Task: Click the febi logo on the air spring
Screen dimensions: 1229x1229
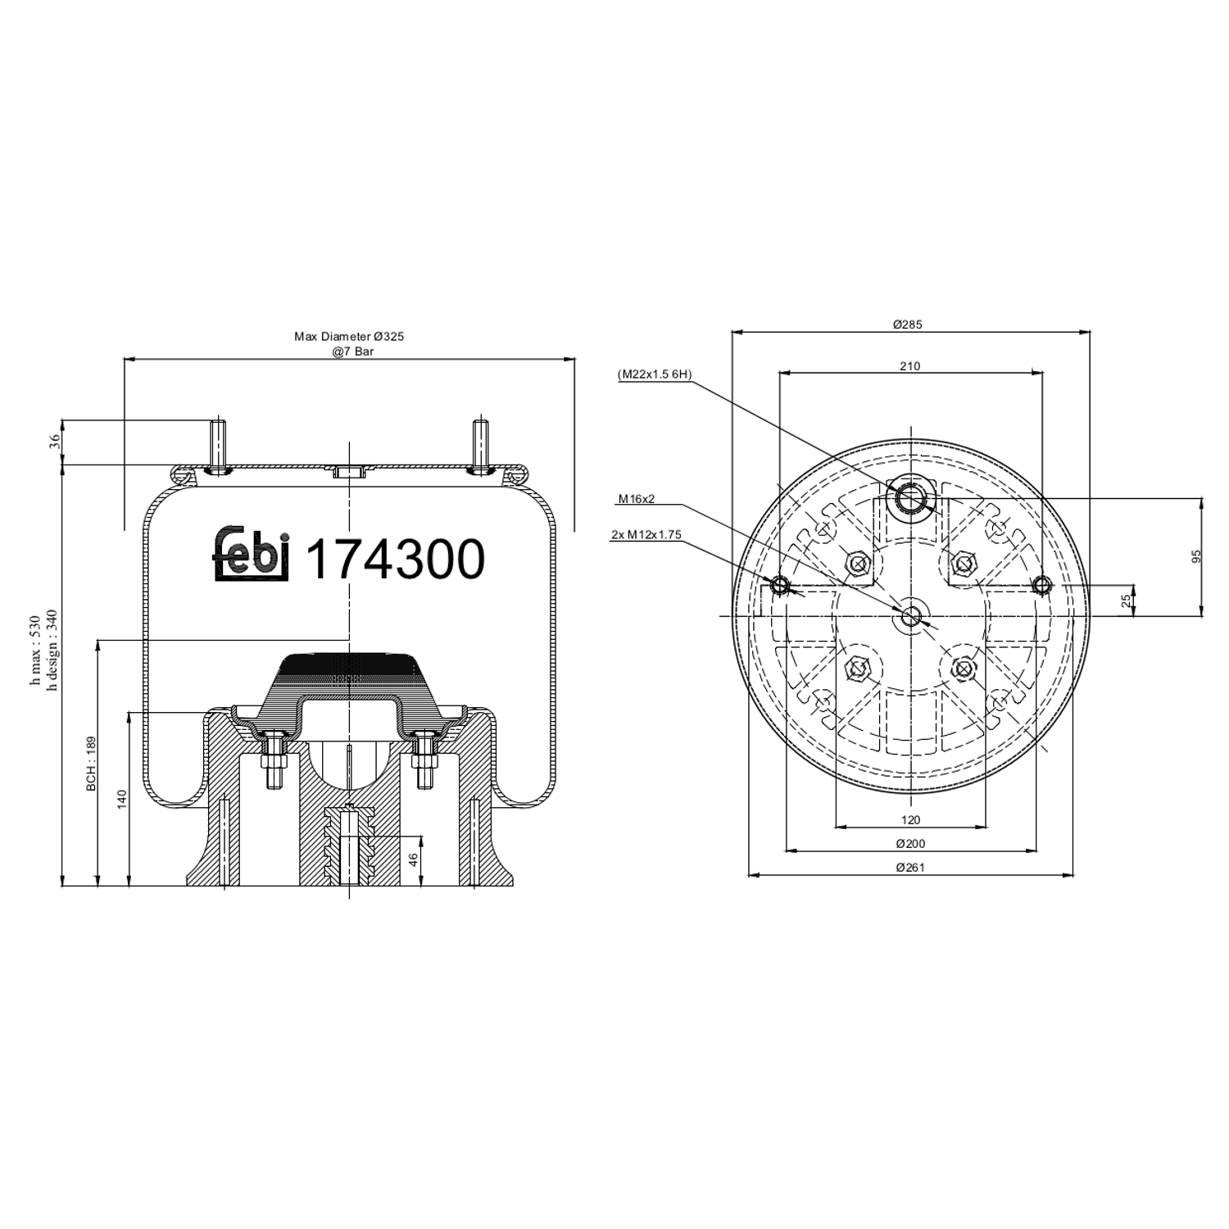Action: coord(252,556)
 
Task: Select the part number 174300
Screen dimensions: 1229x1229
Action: coord(394,560)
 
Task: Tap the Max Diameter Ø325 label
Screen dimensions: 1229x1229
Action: coord(349,336)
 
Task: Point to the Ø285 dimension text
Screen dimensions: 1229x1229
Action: coord(907,324)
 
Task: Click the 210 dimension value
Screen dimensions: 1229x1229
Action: coord(909,366)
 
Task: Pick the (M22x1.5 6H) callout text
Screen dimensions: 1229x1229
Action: coord(655,374)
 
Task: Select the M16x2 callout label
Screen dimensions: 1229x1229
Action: coord(637,498)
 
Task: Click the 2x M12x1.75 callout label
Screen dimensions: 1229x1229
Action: coord(646,535)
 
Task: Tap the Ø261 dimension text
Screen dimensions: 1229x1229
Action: coord(909,867)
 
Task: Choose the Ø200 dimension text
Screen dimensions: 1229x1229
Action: coord(909,843)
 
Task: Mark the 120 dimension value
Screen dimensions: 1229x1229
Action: coord(910,819)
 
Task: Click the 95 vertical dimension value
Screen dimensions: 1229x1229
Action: coord(1195,556)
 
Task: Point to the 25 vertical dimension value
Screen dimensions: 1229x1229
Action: coord(1127,600)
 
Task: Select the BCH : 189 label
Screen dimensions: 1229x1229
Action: coord(92,763)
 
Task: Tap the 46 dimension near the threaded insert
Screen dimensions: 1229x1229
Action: coord(413,859)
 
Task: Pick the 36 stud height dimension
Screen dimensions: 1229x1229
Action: coord(55,442)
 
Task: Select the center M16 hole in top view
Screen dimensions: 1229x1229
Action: coord(911,616)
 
